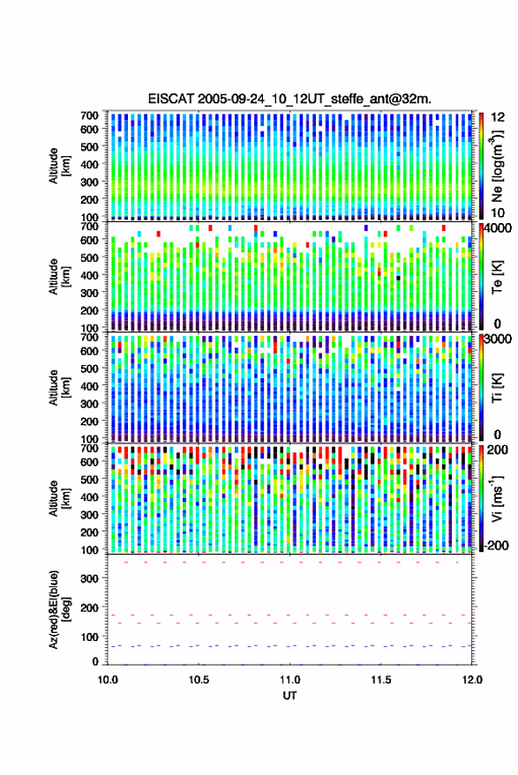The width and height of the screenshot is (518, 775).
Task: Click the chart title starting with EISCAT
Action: pos(289,99)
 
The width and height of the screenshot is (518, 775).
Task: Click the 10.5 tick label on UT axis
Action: pos(199,680)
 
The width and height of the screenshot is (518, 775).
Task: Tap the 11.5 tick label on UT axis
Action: pos(380,680)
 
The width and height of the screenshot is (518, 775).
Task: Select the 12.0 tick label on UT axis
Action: pos(472,680)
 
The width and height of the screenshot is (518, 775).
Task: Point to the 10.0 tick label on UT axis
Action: pos(108,680)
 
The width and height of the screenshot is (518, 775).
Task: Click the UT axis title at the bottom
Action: pos(289,696)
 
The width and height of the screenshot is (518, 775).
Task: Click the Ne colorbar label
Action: pos(497,166)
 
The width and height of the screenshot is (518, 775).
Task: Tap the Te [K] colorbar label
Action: pos(497,277)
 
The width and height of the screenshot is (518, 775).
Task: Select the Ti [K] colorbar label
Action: pos(497,388)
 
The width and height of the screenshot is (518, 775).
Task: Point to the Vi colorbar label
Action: pos(497,498)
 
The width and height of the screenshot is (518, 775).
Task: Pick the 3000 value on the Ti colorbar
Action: pos(499,339)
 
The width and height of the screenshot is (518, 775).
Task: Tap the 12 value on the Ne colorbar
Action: pos(498,117)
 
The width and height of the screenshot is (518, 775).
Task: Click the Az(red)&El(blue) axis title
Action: pos(59,609)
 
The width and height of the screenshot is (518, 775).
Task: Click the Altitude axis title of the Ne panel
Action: pos(59,166)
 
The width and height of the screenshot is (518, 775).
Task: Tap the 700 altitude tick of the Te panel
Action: pos(89,227)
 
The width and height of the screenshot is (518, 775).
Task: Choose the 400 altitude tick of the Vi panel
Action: pos(89,496)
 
